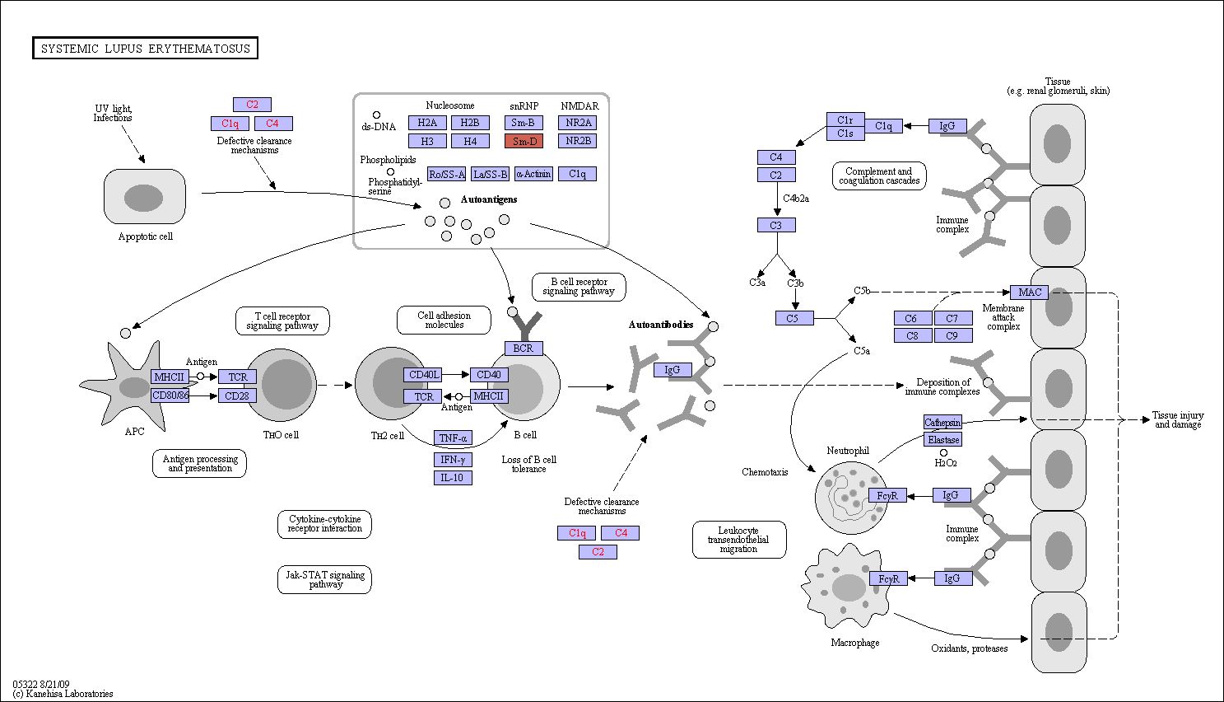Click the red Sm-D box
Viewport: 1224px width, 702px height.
(x=524, y=141)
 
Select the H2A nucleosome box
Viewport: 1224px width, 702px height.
(x=427, y=123)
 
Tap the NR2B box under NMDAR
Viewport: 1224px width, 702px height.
(x=578, y=141)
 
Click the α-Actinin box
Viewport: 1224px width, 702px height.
(x=534, y=174)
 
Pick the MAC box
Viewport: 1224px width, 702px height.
(x=1030, y=292)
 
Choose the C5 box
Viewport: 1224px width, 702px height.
(x=794, y=318)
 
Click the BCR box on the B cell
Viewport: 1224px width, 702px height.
(x=524, y=348)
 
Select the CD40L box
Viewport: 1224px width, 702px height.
(x=423, y=375)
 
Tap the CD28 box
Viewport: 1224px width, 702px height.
(x=237, y=395)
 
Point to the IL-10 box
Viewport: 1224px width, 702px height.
(x=453, y=478)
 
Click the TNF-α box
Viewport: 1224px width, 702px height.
(x=453, y=438)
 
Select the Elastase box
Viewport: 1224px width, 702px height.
(x=943, y=439)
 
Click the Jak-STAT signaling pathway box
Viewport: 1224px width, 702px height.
(x=324, y=579)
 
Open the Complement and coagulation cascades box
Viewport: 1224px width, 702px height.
(x=879, y=175)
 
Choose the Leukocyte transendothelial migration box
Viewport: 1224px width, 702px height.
(x=739, y=540)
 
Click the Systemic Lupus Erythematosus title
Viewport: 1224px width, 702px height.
(x=146, y=48)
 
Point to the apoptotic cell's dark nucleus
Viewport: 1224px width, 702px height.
(x=144, y=198)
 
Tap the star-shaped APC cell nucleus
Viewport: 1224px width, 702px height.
(x=134, y=387)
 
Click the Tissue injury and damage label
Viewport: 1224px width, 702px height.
(x=1178, y=419)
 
